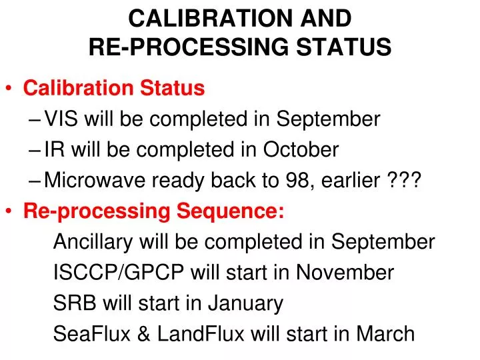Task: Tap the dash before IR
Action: tap(36, 150)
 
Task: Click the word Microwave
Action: tap(94, 181)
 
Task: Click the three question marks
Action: tap(404, 181)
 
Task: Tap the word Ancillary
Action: tap(92, 242)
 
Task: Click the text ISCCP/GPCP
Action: tap(119, 273)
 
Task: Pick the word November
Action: tap(345, 273)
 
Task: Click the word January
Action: tap(246, 303)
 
